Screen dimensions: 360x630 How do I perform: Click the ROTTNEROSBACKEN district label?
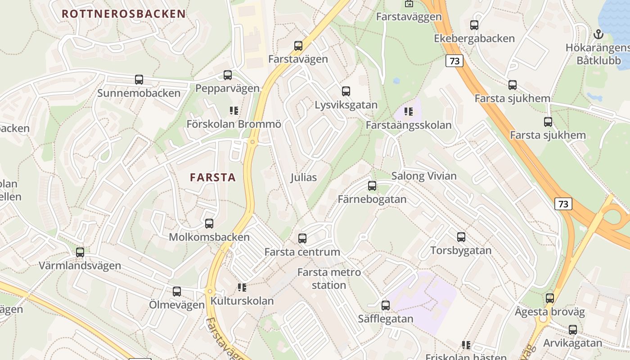tap(123, 13)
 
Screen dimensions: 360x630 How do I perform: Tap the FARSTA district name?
tap(213, 177)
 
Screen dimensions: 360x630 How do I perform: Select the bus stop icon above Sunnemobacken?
tap(139, 80)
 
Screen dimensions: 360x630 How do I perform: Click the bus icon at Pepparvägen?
tap(228, 75)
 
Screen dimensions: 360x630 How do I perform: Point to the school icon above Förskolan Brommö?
tap(234, 110)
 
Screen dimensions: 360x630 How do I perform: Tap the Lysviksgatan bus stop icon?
tap(346, 91)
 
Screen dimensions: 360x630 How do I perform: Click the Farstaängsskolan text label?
tap(409, 125)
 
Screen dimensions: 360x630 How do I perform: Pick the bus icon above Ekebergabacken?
tap(474, 25)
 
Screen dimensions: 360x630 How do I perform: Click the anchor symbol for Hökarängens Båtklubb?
tap(598, 34)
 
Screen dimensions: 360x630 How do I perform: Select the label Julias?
tap(303, 177)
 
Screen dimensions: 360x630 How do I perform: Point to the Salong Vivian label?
tap(424, 176)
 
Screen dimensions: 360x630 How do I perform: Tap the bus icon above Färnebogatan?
tap(372, 185)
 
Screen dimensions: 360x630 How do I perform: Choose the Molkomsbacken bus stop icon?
tap(209, 223)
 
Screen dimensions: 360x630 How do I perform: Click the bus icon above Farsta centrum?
tap(302, 238)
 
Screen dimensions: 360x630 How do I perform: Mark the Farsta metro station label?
tap(329, 279)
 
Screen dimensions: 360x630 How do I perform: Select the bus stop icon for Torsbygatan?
tap(461, 237)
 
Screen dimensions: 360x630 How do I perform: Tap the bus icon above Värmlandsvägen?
tap(80, 252)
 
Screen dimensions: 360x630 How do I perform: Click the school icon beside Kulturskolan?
tap(242, 287)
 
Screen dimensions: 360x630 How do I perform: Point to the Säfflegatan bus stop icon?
tap(386, 305)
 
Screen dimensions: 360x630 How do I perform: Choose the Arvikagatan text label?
tap(572, 343)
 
